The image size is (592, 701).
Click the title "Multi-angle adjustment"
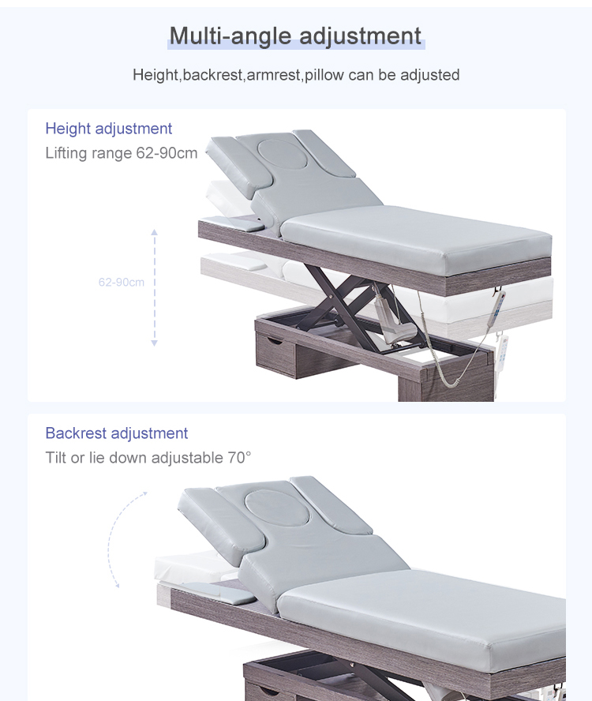295,36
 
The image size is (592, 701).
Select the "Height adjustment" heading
109,129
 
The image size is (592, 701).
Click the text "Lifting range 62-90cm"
122,153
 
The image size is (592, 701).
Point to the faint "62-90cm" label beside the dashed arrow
122,282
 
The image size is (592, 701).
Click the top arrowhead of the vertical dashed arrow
154,232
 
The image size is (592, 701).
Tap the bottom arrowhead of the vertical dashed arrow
154,343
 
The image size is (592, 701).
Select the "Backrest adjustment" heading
117,433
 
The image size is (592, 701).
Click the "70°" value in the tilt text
240,458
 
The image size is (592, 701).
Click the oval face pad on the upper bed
283,154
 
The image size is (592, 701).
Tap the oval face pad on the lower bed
277,508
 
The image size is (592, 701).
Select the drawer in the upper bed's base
275,353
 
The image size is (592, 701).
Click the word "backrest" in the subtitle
212,75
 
